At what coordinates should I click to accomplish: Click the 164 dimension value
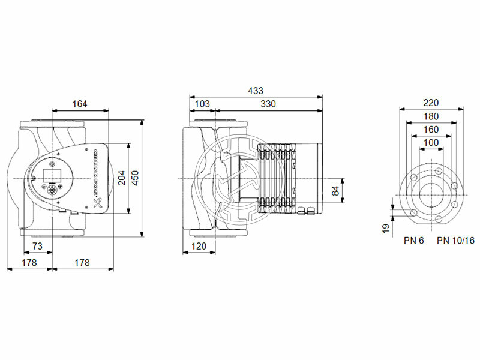click(x=80, y=104)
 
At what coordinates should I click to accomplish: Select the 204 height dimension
click(x=122, y=178)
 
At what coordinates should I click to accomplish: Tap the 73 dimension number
click(x=37, y=247)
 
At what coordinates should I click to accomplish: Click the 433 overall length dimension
click(x=256, y=91)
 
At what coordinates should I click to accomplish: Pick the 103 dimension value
click(x=203, y=104)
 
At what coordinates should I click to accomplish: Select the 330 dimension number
click(x=268, y=104)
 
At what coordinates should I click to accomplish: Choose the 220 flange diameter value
click(x=431, y=103)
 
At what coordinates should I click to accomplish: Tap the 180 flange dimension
click(x=431, y=116)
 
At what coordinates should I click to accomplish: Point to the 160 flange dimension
click(x=431, y=129)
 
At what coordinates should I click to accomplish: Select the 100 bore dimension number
click(x=431, y=142)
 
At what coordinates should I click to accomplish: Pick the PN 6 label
click(x=413, y=241)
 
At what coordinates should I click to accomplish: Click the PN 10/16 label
click(x=455, y=241)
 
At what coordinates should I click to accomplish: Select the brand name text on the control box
click(x=96, y=174)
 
